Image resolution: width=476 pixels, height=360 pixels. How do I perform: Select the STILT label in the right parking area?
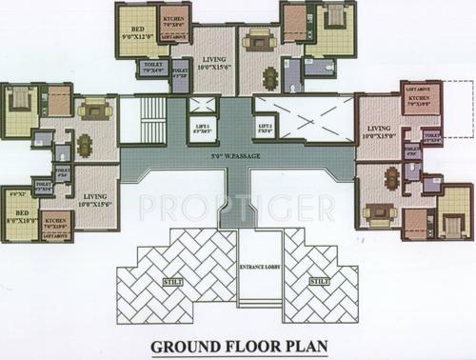pyautogui.click(x=319, y=281)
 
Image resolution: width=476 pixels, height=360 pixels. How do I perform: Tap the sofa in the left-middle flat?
pyautogui.click(x=94, y=111)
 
